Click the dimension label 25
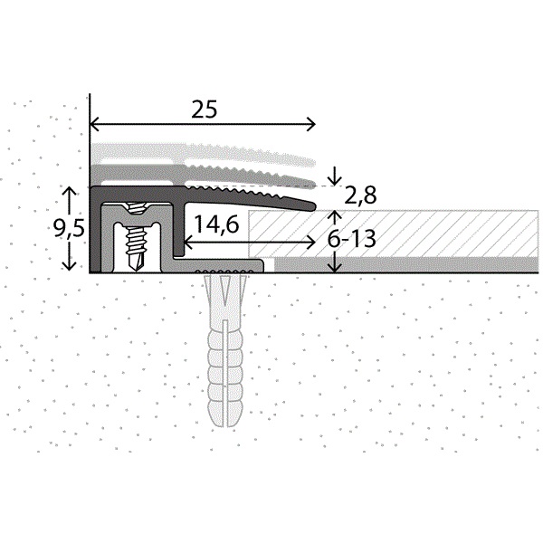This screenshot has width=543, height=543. [205, 110]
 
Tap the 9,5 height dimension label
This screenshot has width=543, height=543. [69, 229]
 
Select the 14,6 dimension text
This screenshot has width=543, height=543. [216, 224]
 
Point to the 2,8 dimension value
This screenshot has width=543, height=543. [360, 195]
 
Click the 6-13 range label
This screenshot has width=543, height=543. [352, 239]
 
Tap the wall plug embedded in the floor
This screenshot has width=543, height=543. [225, 349]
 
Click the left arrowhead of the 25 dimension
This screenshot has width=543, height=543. [94, 124]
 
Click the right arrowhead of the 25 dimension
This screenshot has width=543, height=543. [311, 124]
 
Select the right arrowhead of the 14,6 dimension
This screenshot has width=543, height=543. [310, 243]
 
